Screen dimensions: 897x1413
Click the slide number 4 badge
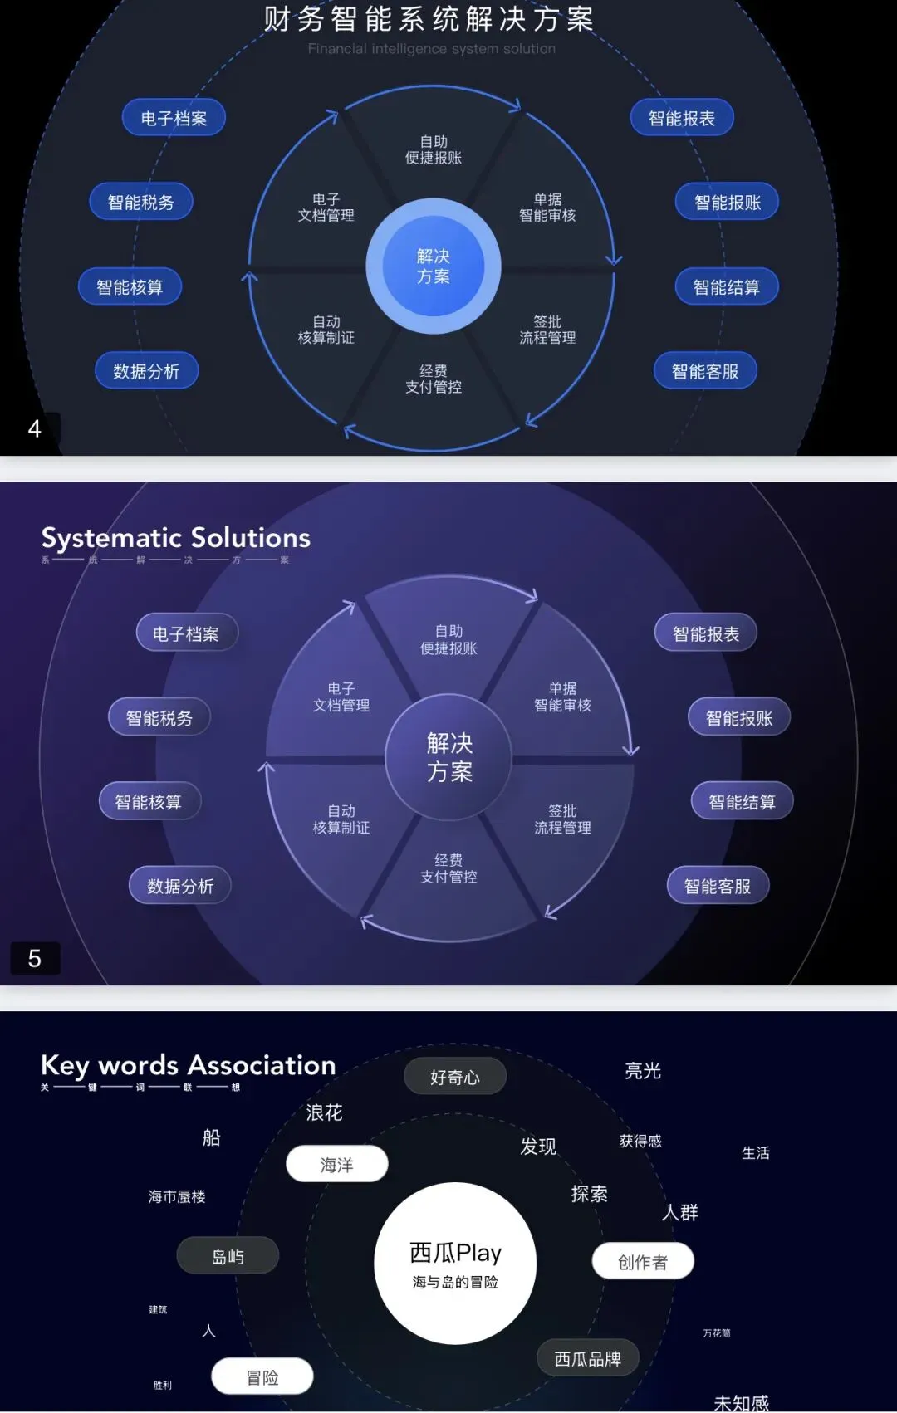34,428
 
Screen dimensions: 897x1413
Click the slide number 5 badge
34,958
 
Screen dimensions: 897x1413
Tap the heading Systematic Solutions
176,538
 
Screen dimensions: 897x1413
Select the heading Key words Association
189,1065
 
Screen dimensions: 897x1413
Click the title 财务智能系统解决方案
429,18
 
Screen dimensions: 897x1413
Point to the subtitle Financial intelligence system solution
431,49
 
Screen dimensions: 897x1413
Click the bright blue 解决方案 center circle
433,266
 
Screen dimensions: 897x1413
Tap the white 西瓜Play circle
455,1263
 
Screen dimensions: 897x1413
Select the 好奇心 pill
454,1077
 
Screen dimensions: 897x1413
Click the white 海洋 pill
336,1165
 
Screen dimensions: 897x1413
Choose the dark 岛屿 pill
228,1256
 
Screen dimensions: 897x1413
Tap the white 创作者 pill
643,1262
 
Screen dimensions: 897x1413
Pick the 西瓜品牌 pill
587,1359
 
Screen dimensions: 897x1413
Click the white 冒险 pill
262,1377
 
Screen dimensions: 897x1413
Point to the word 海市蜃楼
177,1196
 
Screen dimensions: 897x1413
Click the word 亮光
643,1071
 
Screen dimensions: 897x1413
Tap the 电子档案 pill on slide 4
174,118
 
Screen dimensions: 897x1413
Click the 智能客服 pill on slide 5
718,886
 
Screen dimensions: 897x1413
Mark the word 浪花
324,1112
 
